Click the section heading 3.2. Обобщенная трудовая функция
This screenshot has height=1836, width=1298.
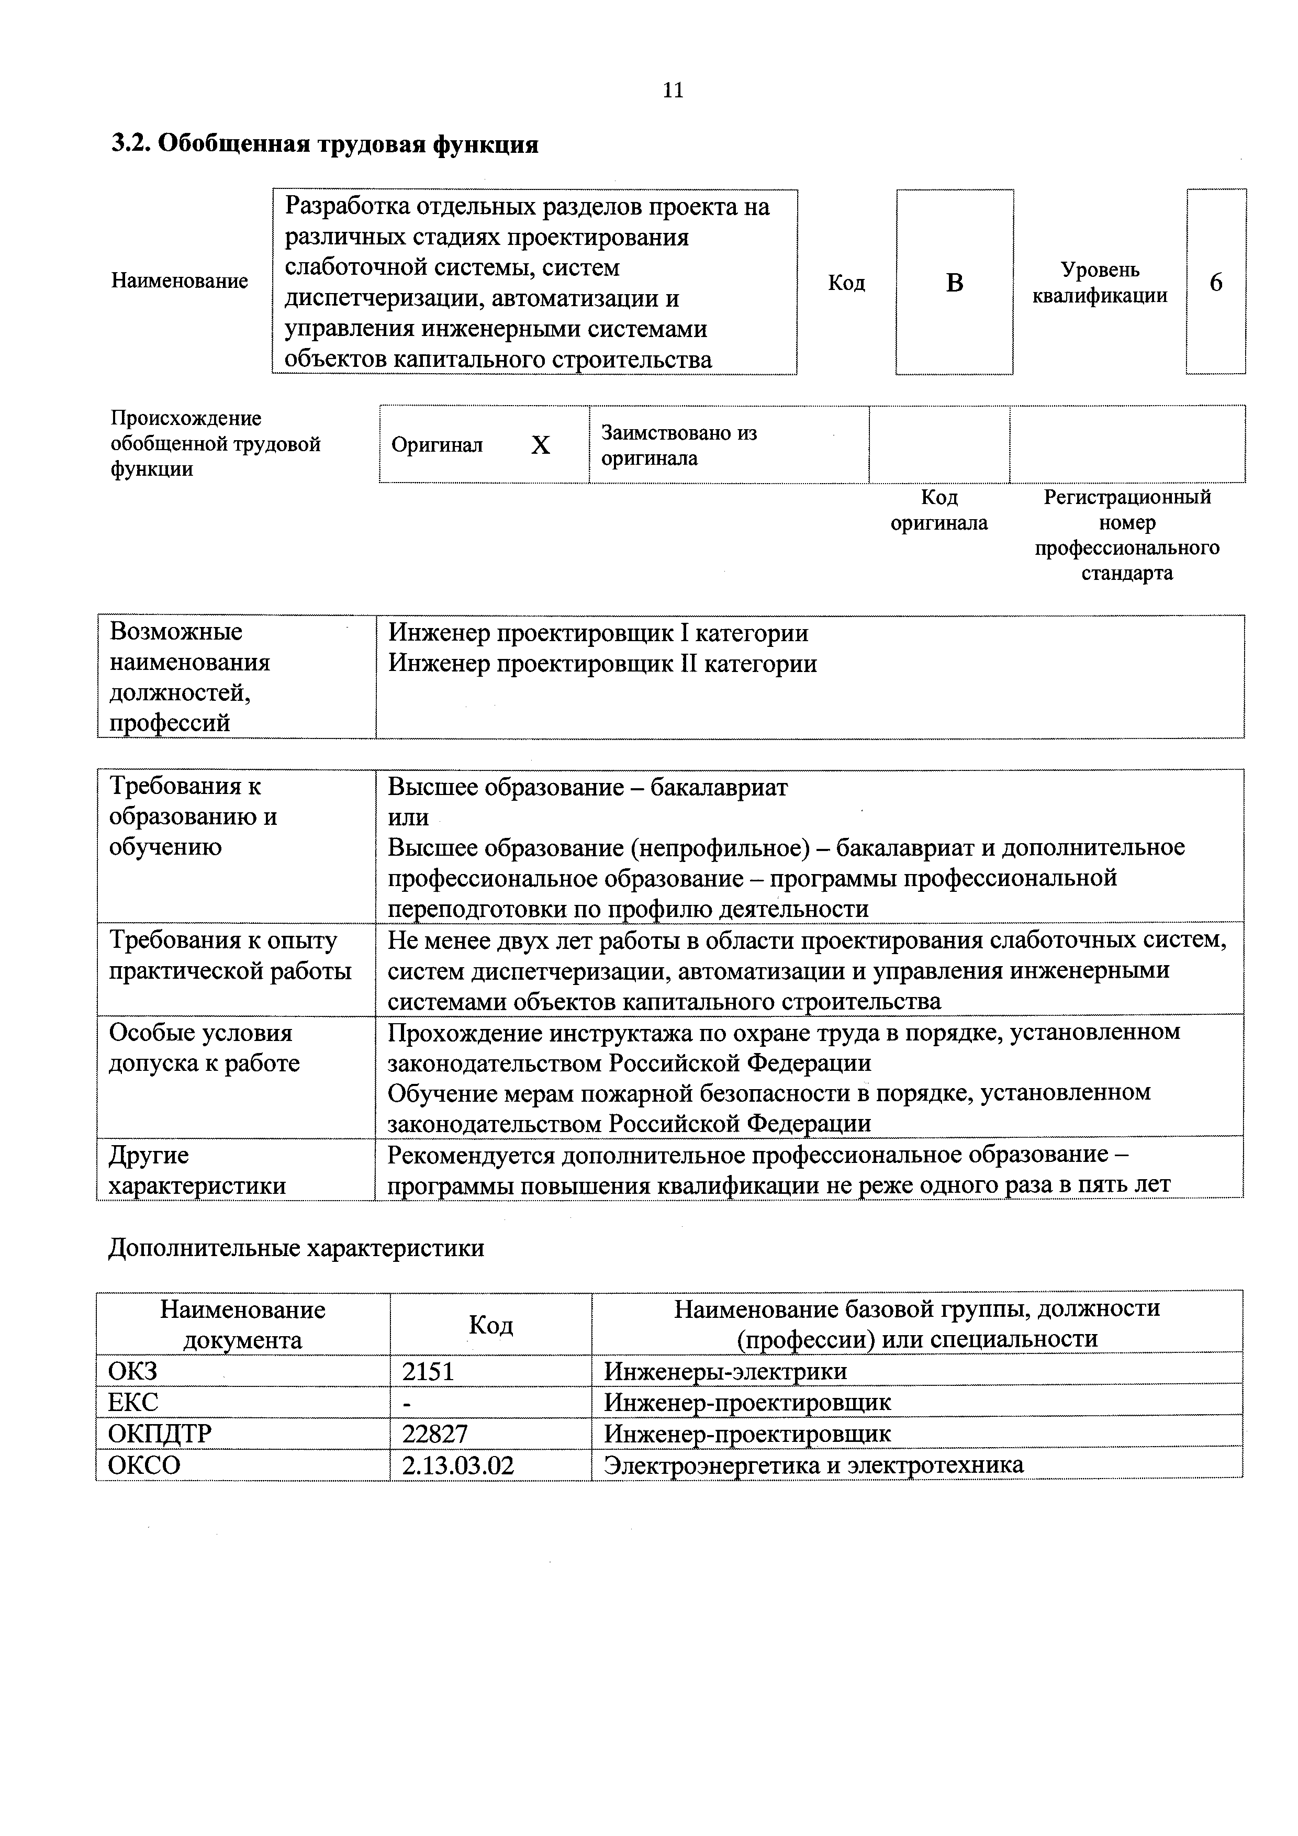coord(324,145)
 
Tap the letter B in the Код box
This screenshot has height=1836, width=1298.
coord(954,283)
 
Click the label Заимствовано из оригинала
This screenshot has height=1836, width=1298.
coord(678,445)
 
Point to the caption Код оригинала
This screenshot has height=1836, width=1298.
coord(939,510)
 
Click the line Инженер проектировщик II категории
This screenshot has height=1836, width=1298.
coord(602,664)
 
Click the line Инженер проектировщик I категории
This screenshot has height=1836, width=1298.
coord(598,633)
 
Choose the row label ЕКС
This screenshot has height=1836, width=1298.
coord(133,1403)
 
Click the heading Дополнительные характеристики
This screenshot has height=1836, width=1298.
coord(296,1248)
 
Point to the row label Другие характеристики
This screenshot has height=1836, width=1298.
coord(197,1170)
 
